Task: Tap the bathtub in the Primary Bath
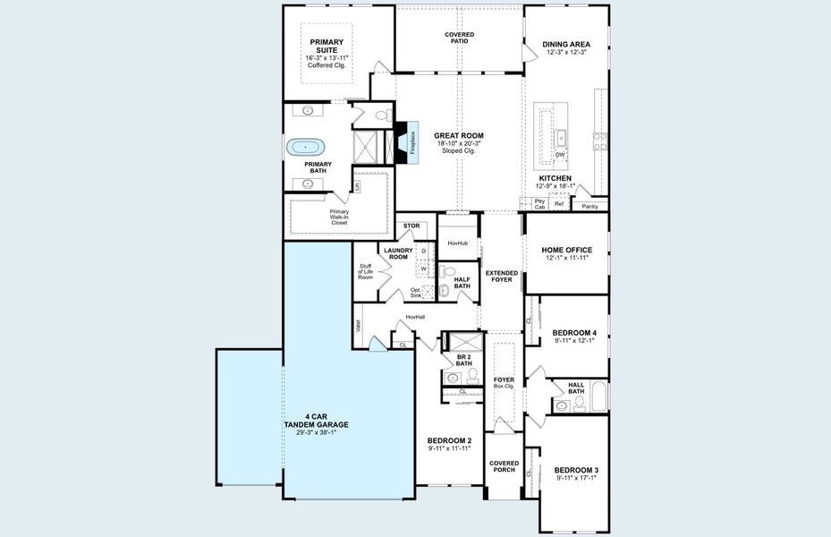308,147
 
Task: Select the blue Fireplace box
412,144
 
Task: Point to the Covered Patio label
459,38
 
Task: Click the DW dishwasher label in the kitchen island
560,155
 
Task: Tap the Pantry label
589,207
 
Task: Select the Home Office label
565,250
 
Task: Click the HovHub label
457,243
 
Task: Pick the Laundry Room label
398,253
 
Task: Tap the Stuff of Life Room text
365,271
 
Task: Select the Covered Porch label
504,466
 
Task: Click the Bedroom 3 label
576,470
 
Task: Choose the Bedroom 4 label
574,332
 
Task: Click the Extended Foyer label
501,276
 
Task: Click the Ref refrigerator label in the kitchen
559,204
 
